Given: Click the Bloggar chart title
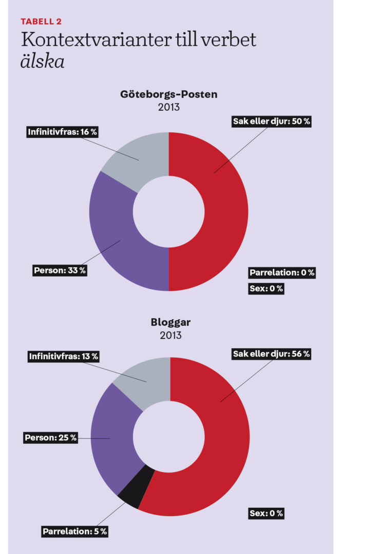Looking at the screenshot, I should (x=170, y=323).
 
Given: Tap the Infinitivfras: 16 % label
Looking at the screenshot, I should (x=63, y=132).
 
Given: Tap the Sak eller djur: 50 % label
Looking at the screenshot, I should (x=272, y=122).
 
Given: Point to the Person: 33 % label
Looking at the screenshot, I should (x=60, y=270).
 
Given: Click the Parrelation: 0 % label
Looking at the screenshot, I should (x=282, y=272).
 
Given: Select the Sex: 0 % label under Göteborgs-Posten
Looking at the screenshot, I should (x=266, y=288).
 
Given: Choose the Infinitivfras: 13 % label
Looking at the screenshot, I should (x=64, y=356).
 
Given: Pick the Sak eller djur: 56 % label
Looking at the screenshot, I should (x=271, y=354).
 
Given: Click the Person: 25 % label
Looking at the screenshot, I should (x=51, y=438).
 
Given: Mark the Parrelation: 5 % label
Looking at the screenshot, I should (x=75, y=531).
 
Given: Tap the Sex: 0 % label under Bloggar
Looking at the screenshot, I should (x=266, y=513).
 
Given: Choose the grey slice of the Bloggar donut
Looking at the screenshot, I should (x=146, y=377).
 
